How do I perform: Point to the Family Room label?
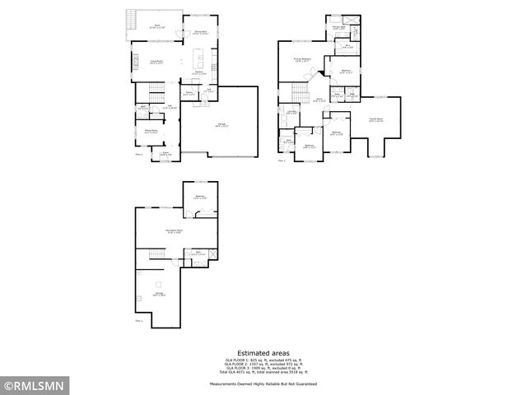375,119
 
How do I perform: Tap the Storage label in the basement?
158,293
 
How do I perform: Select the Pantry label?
189,93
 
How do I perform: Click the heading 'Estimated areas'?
263,351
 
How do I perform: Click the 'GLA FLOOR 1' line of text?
263,360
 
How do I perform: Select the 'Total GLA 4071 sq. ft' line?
263,372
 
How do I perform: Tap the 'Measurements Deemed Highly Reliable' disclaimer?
263,383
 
